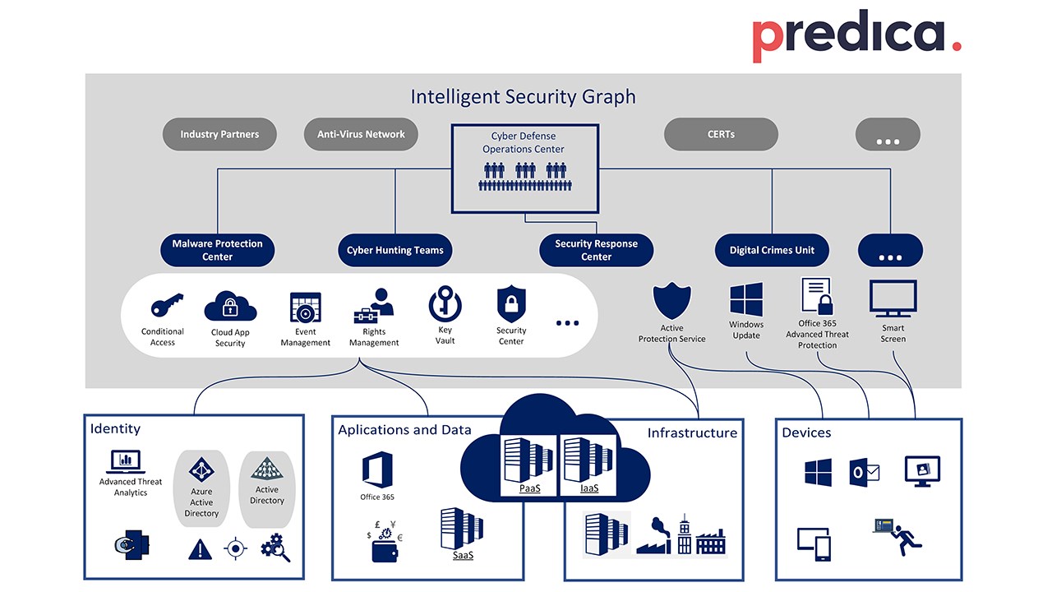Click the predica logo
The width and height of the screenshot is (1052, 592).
pyautogui.click(x=856, y=37)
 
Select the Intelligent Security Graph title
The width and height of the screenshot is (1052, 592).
pyautogui.click(x=523, y=97)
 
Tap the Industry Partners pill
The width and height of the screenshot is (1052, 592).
pyautogui.click(x=219, y=134)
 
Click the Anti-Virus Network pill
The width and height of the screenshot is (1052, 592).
pyautogui.click(x=361, y=134)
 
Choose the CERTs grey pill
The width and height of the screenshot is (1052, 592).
pyautogui.click(x=720, y=134)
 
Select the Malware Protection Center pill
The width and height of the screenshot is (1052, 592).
pyautogui.click(x=218, y=250)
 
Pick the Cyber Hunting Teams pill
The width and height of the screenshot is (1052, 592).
pyautogui.click(x=394, y=250)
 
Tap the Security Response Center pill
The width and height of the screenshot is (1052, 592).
pyautogui.click(x=596, y=250)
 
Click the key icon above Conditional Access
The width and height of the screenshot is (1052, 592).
pyautogui.click(x=164, y=307)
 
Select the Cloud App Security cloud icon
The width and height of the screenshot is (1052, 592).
pyautogui.click(x=230, y=308)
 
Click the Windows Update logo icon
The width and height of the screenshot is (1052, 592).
pyautogui.click(x=746, y=299)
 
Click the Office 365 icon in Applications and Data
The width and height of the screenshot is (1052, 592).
pyautogui.click(x=377, y=470)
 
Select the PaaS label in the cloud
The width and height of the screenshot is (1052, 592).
pyautogui.click(x=529, y=488)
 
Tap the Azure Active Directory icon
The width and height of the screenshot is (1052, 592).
pyautogui.click(x=201, y=470)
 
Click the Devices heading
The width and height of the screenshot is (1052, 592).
pyautogui.click(x=806, y=432)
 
